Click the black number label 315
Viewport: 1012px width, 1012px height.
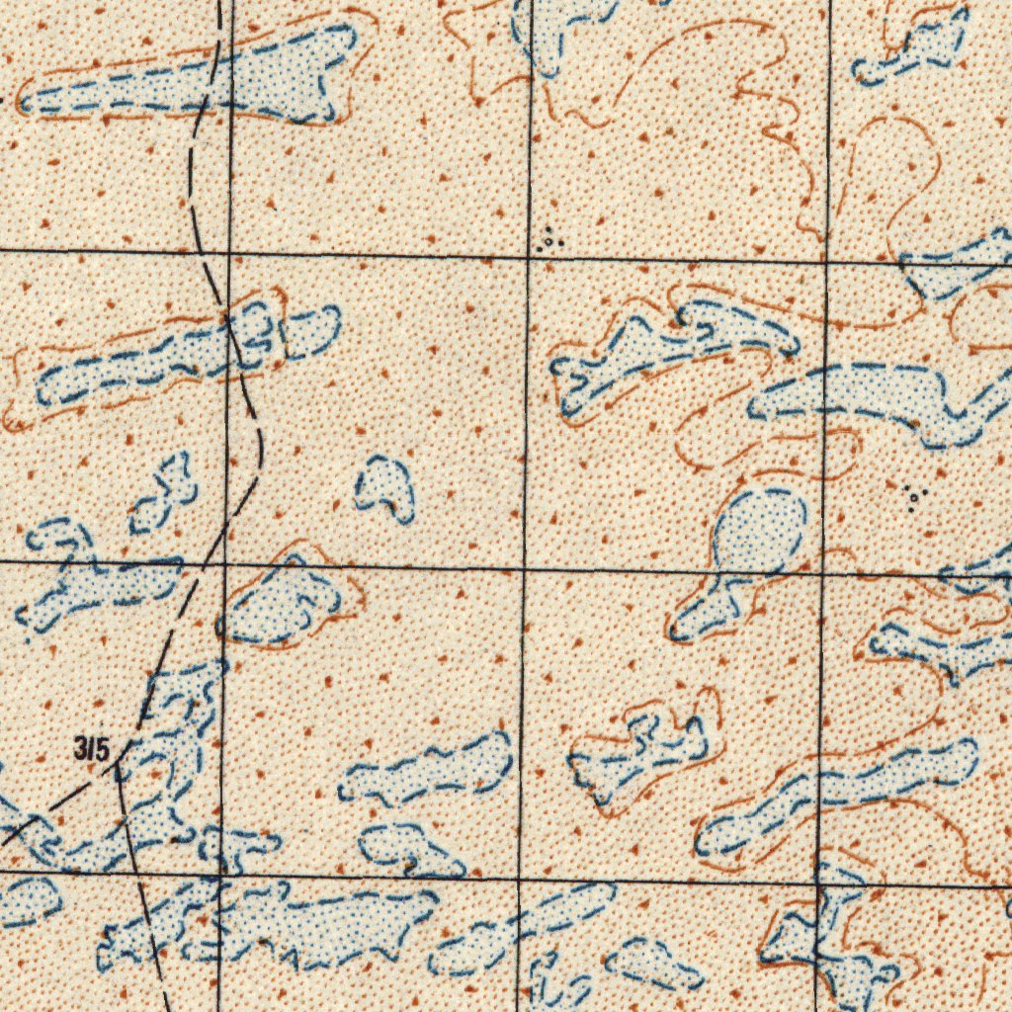click(91, 749)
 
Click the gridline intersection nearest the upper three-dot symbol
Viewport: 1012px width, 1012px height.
click(529, 257)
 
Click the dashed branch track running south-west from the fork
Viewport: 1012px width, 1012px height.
click(49, 805)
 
